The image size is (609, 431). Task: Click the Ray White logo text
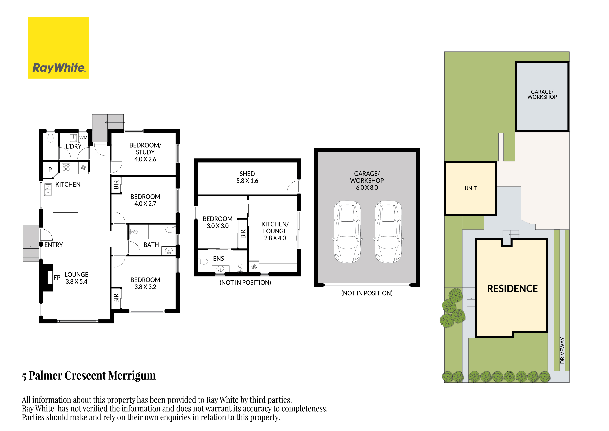click(59, 68)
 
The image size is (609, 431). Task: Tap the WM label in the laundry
click(83, 138)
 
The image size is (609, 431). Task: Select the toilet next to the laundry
click(50, 138)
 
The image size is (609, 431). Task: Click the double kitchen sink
click(48, 190)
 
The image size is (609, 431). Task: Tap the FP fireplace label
click(57, 278)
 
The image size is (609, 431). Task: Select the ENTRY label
click(54, 245)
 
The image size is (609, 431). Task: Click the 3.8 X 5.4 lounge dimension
click(76, 282)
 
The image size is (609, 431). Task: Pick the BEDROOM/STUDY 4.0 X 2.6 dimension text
click(145, 159)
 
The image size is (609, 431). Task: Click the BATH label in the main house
click(151, 245)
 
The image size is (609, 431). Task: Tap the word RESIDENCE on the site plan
click(512, 289)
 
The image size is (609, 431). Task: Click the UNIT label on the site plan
click(470, 188)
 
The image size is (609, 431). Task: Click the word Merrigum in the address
click(132, 376)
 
